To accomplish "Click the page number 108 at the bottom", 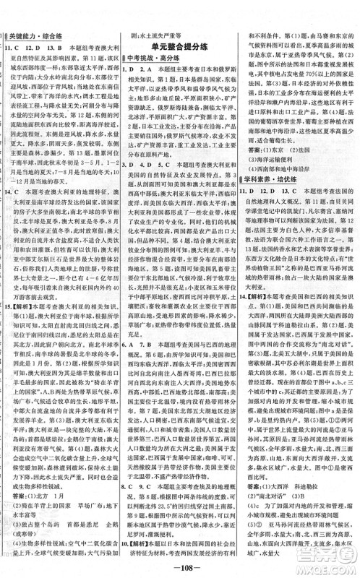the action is (181, 568).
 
